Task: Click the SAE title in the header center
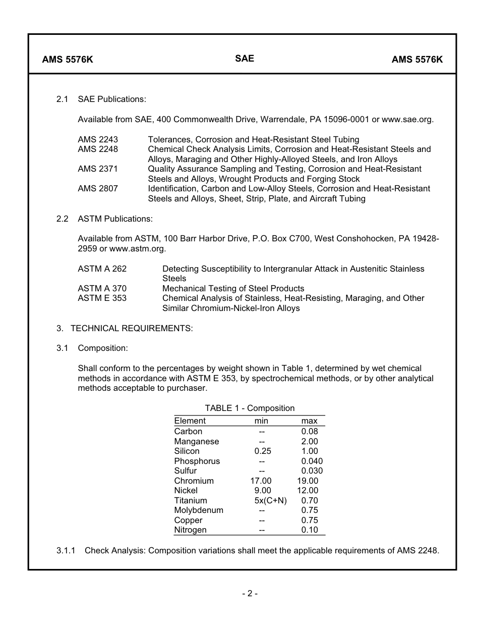pos(245,59)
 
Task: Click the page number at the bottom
pos(250,594)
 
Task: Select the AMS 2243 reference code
pos(98,139)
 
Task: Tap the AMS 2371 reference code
pos(98,169)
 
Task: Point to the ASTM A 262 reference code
pos(102,269)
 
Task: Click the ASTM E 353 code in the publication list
pos(102,298)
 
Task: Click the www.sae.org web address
pos(407,120)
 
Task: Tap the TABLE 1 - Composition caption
pos(250,408)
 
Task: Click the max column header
pos(309,421)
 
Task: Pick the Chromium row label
pos(194,481)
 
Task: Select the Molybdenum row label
pos(199,510)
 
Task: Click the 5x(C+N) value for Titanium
pos(270,501)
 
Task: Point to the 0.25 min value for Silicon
pos(263,451)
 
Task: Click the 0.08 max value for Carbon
pos(310,432)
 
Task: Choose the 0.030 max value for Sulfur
pos(312,471)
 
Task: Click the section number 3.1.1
pos(66,551)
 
